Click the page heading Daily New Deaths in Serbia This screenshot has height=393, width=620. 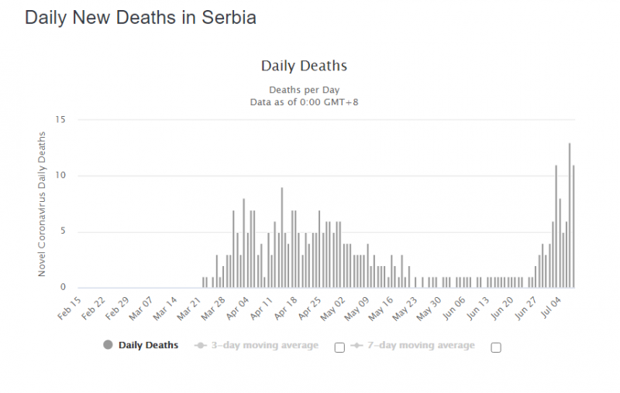(140, 17)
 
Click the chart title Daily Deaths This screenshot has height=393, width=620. (304, 66)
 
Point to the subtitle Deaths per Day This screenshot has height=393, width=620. (304, 90)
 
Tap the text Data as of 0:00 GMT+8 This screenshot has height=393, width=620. (304, 101)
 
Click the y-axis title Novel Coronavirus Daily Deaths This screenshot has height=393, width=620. (43, 204)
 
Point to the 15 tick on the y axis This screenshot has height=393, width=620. (62, 119)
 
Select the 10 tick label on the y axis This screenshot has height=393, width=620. (62, 176)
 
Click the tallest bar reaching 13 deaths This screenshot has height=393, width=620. (570, 216)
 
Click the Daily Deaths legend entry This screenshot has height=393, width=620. (139, 345)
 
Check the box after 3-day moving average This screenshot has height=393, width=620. (339, 347)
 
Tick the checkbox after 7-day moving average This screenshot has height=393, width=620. (496, 347)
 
